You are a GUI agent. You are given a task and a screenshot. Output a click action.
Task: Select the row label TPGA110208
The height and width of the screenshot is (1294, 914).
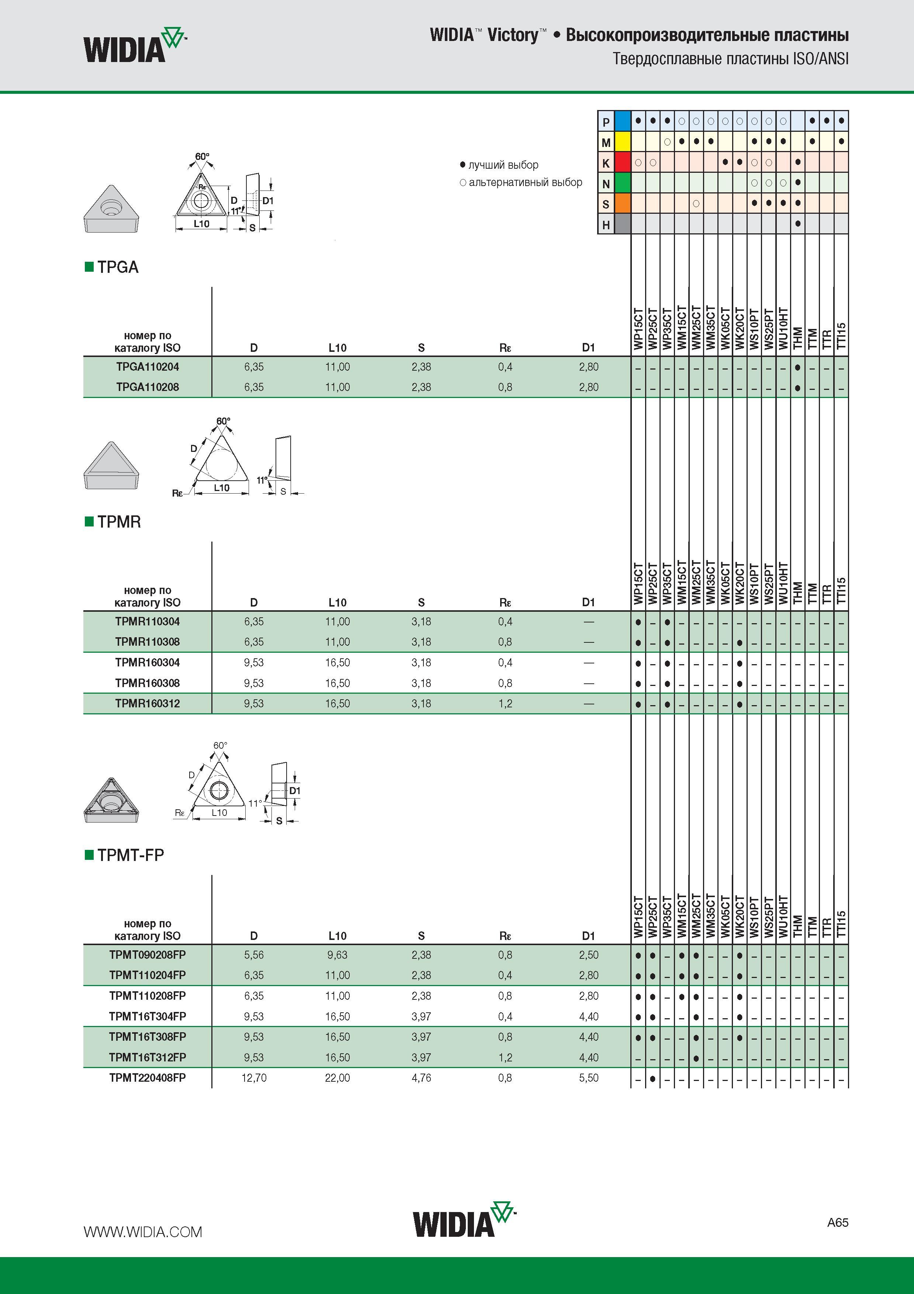coord(148,387)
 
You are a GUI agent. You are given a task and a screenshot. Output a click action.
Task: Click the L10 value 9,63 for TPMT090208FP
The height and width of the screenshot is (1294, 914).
coord(337,955)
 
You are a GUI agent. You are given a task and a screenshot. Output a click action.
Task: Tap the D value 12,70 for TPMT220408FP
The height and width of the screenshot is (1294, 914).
coord(254,1078)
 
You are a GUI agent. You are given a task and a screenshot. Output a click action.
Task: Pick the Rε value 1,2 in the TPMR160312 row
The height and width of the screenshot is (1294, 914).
coord(505,703)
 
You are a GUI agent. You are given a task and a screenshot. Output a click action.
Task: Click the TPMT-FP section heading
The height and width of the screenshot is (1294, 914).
coord(131,855)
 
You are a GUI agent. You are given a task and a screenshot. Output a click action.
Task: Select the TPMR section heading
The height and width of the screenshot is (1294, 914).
coord(119,522)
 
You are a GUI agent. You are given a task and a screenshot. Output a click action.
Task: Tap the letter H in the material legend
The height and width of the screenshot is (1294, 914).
coord(606,225)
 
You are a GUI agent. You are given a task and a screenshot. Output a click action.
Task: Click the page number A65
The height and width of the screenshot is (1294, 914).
coord(837,1222)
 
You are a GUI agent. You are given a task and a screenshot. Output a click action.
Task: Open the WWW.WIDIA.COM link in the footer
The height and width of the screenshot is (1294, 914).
coord(143,1232)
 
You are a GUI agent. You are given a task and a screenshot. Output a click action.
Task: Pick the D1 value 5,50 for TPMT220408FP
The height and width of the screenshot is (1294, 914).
coord(589,1078)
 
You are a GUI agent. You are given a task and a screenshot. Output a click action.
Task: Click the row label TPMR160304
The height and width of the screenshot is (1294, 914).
coord(148,662)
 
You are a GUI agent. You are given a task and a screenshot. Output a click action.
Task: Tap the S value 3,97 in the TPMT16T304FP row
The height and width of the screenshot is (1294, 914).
coord(421,1016)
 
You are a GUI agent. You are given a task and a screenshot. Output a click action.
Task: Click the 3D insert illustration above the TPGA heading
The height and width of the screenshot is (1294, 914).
coord(111,209)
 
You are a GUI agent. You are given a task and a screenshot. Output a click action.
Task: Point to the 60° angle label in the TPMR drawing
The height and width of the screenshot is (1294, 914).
coord(224,421)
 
